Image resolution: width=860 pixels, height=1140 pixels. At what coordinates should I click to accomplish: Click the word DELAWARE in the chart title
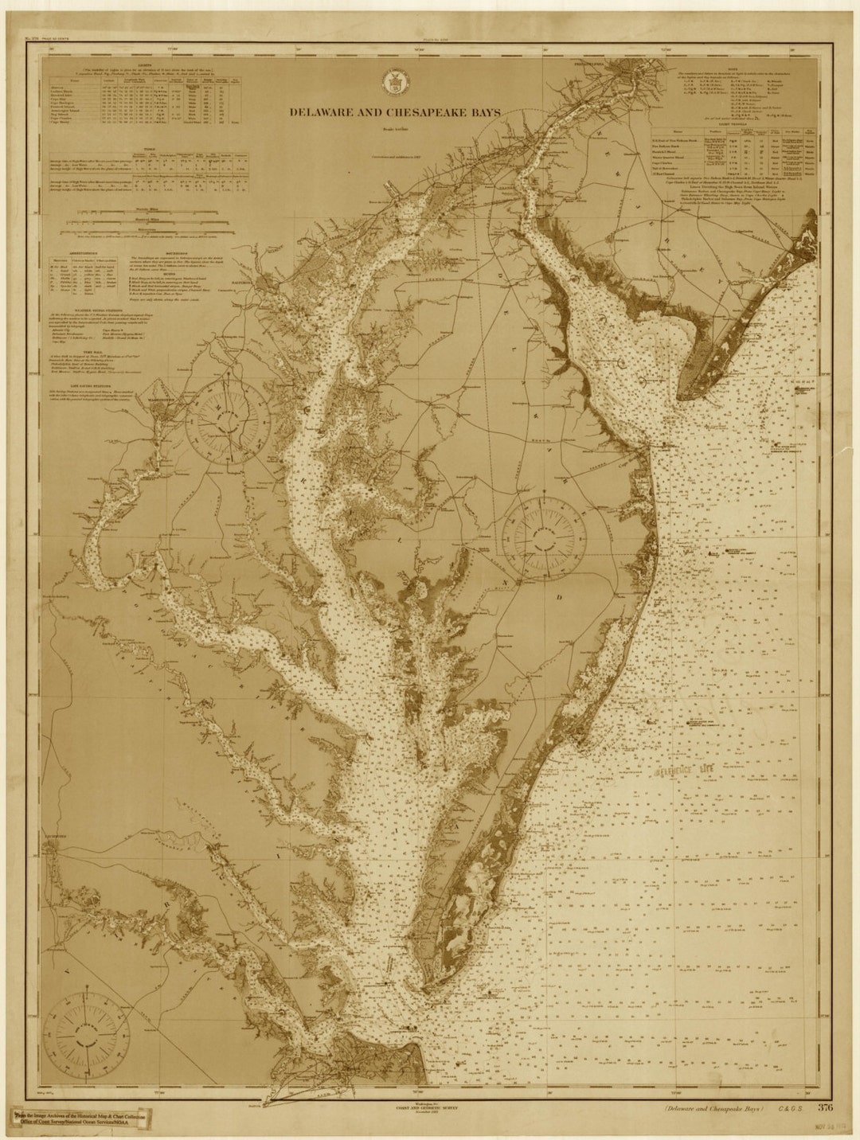(x=322, y=112)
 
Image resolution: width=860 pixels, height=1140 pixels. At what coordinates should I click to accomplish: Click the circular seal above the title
(x=392, y=80)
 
